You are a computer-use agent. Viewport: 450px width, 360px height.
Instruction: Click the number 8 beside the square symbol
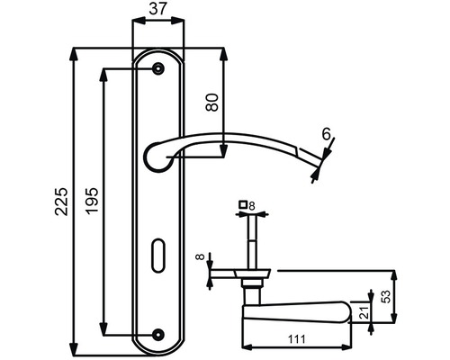pos(252,206)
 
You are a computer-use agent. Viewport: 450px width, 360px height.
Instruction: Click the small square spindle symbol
pos(242,206)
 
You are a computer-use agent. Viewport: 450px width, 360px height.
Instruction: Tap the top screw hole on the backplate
pos(158,68)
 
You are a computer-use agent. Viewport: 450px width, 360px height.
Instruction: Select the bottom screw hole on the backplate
pos(158,333)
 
